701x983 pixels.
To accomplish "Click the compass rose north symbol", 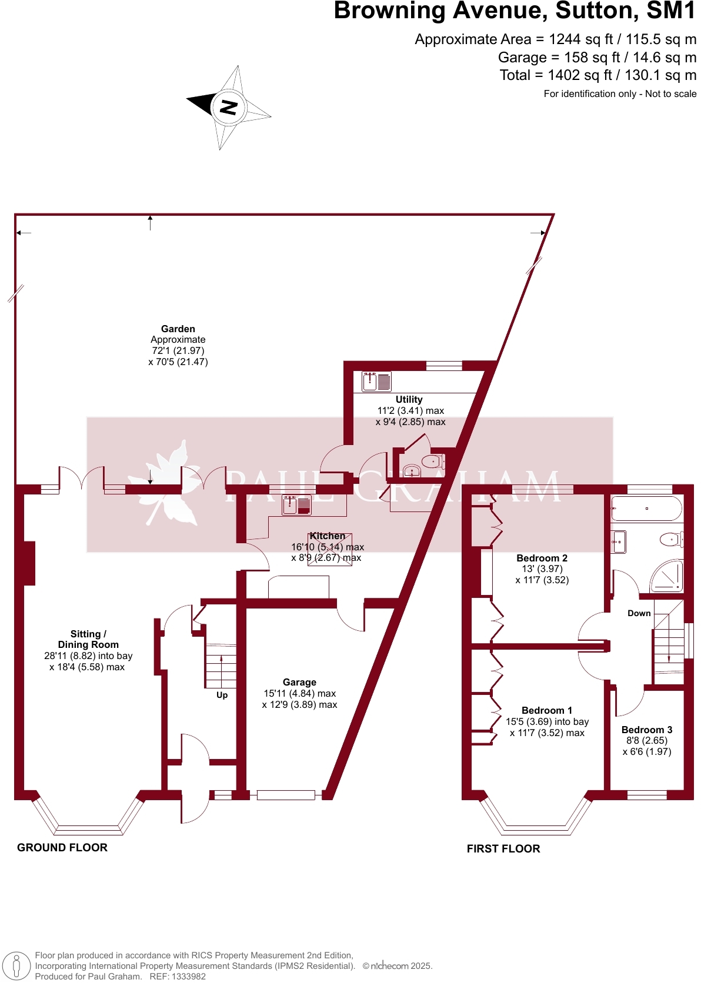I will pos(228,107).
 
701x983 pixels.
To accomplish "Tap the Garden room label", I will pos(178,329).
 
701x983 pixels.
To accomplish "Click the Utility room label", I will pos(409,400).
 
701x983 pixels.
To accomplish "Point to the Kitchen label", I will pos(328,536).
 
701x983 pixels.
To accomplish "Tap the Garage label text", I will pos(299,683).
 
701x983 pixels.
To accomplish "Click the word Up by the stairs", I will pos(222,695).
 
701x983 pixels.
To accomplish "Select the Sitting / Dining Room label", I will pos(88,640).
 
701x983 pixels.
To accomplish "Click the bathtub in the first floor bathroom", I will pos(646,509).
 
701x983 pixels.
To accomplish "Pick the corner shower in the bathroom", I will pos(668,577).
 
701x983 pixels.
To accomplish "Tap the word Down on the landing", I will pos(639,613).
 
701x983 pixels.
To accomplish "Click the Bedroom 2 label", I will pos(542,559).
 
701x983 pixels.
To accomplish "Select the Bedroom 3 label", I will pos(647,730).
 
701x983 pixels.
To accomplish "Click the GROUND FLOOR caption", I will pos(62,848).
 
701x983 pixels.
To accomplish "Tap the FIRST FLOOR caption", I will pos(503,849).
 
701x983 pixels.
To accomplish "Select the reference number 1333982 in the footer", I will pos(186,977).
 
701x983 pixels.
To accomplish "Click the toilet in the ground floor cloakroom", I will pos(433,462).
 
